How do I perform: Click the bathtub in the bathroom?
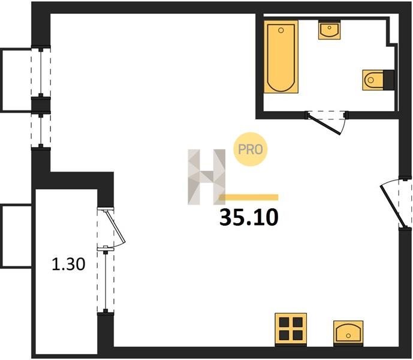coord(281,57)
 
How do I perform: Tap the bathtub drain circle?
coord(281,31)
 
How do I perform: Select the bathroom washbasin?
coord(329,30)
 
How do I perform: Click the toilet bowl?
coord(373,80)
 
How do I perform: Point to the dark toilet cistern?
coord(389,80)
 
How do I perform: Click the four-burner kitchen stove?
coord(291,329)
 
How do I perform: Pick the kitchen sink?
coord(348,334)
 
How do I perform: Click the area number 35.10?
coord(249,218)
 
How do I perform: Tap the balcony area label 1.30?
coord(68,264)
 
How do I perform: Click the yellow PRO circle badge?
coord(250,149)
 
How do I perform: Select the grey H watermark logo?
coord(206,177)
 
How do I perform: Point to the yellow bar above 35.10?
coord(249,197)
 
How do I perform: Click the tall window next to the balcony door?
coord(105,281)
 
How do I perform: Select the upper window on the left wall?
coord(41,72)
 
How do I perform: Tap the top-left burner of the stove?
coord(284,322)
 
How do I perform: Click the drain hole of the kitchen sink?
coord(348,335)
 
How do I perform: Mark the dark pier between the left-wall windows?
coord(41,105)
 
